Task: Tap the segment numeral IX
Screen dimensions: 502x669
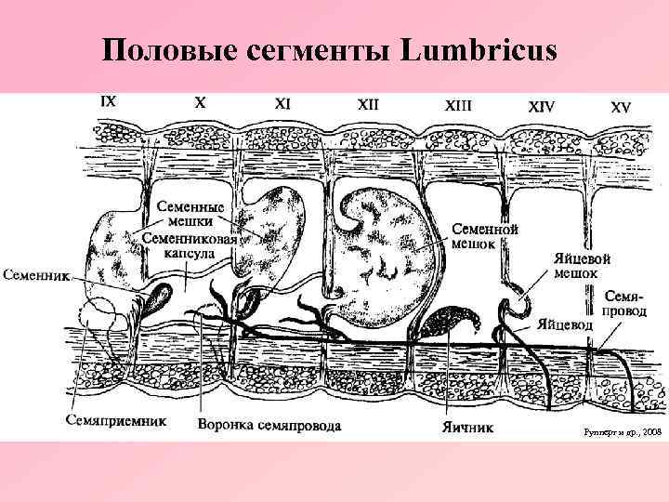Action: coord(108,102)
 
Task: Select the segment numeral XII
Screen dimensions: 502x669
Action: coord(368,105)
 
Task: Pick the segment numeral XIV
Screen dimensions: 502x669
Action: coord(541,107)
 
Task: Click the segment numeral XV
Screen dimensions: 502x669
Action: coord(621,107)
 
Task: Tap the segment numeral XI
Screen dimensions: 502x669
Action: coord(282,104)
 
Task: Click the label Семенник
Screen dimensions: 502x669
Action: coord(35,275)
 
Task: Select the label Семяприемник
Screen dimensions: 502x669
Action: coord(115,420)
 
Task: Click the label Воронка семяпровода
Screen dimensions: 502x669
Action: coord(269,426)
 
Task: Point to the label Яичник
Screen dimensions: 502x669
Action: coord(468,429)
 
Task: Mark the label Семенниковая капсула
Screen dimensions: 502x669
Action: coord(191,244)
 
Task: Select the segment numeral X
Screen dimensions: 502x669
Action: coord(200,103)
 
